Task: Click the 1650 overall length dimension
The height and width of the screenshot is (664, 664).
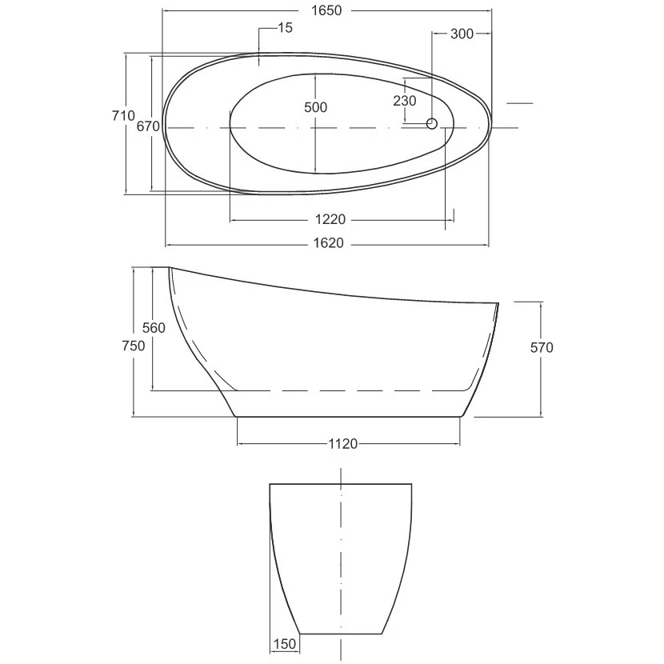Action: coord(326,10)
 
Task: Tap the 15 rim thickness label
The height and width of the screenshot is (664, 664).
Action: coord(285,27)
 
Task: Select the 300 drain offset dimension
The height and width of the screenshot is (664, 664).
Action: coord(462,34)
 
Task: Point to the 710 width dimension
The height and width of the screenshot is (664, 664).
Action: coord(123,115)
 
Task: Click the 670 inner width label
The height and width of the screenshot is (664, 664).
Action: coord(148,126)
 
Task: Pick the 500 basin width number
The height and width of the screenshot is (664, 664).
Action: coord(315,107)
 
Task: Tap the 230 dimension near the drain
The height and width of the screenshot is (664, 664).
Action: coord(405,101)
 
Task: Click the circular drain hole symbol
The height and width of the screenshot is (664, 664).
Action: coord(432,123)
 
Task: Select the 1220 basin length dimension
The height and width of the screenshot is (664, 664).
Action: coord(330,219)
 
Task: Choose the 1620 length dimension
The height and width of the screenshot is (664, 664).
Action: coord(329,243)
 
